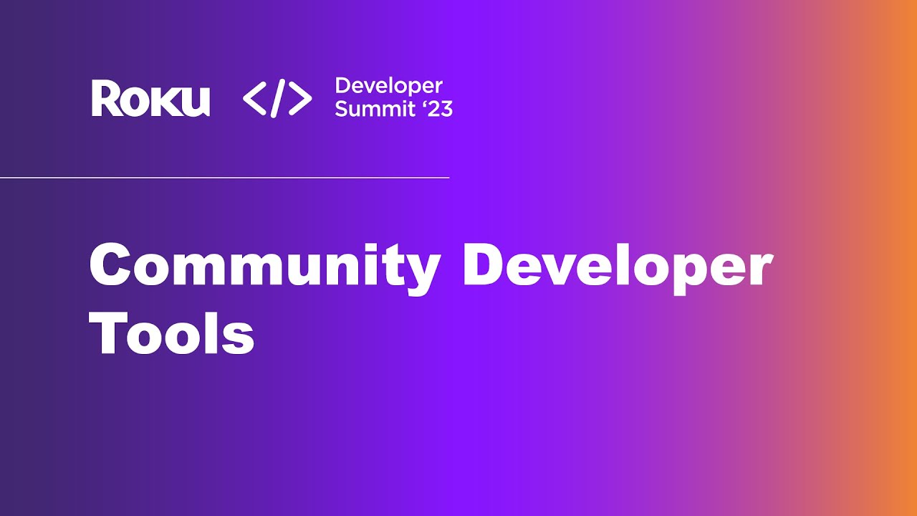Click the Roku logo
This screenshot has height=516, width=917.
click(x=150, y=99)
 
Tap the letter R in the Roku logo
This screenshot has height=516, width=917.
click(x=104, y=99)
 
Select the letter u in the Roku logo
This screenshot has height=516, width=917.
click(x=195, y=102)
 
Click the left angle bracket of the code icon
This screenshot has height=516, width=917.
click(x=254, y=99)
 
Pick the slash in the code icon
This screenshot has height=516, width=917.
click(x=278, y=99)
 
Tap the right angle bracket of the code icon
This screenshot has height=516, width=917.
click(x=301, y=99)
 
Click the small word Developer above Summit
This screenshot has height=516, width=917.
click(x=388, y=87)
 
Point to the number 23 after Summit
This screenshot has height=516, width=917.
click(x=441, y=109)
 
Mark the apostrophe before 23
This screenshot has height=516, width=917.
click(x=423, y=103)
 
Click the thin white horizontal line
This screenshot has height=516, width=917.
click(x=224, y=177)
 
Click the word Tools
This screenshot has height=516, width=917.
click(x=172, y=334)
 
